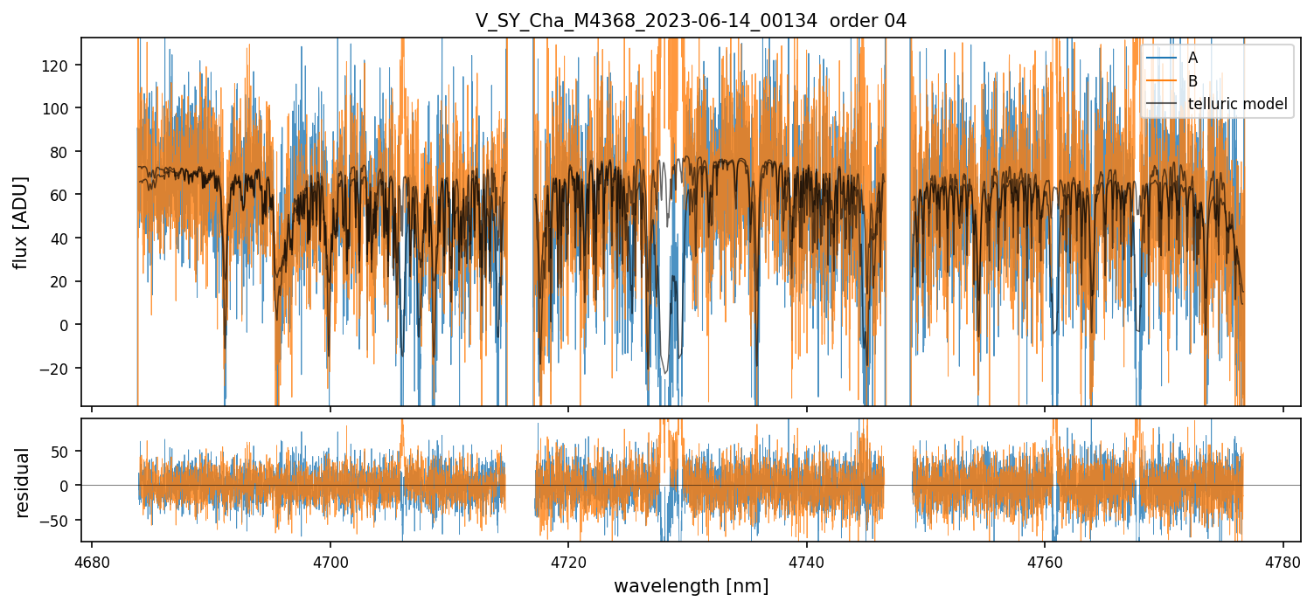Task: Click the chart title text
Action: [691, 21]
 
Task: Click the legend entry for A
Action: [1192, 58]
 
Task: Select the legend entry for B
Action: [1192, 81]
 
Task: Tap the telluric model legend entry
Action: [1237, 104]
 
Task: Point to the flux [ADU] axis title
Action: [21, 222]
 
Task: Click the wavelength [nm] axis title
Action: [691, 586]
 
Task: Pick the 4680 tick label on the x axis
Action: [92, 562]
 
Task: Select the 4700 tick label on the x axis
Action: [330, 562]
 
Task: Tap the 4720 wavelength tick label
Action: [568, 562]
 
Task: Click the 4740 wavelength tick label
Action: [806, 562]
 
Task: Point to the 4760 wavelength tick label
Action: [1045, 562]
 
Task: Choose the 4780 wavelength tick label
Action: [1283, 562]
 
